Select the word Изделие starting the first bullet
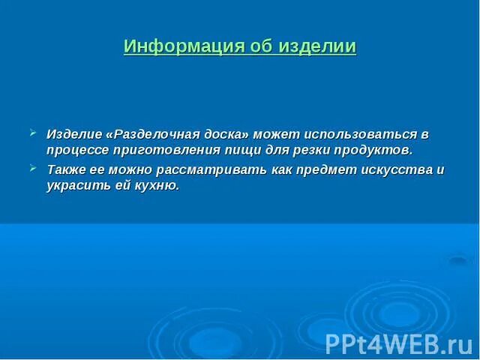coord(74,134)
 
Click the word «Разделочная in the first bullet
coord(151,134)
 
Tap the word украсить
coord(77,185)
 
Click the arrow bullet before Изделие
coord(32,133)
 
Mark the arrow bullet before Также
coord(32,168)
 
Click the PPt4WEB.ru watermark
coord(398,343)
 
